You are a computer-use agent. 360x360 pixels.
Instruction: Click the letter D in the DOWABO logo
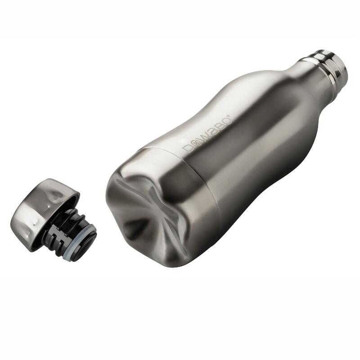tap(188, 148)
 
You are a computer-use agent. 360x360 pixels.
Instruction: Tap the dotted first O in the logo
tap(196, 142)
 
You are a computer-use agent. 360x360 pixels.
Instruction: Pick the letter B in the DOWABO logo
tap(219, 126)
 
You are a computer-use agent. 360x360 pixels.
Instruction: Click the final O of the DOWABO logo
tap(226, 121)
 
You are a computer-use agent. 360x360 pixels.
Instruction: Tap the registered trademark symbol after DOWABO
tap(230, 116)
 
